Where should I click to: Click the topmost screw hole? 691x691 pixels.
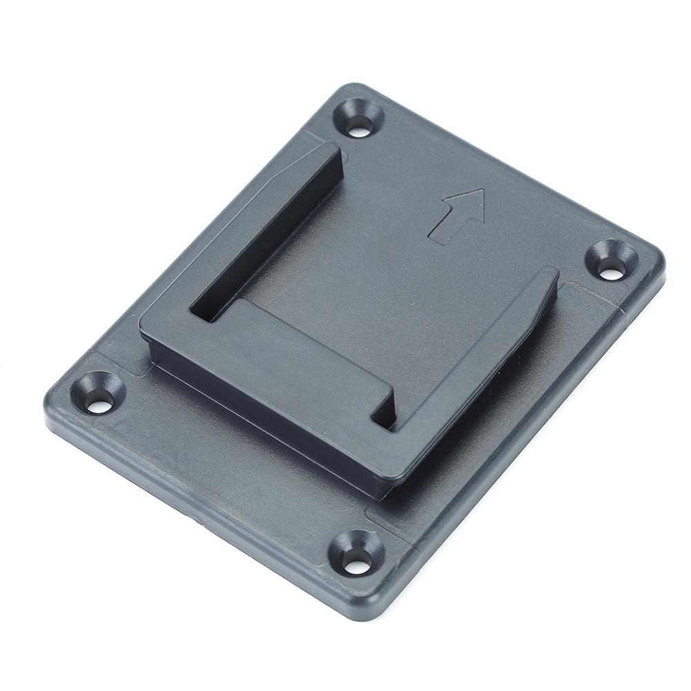point(357,125)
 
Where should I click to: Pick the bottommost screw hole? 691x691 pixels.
point(356,565)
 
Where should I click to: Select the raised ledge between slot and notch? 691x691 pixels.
point(311,345)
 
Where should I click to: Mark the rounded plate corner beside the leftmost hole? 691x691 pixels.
point(59,393)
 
